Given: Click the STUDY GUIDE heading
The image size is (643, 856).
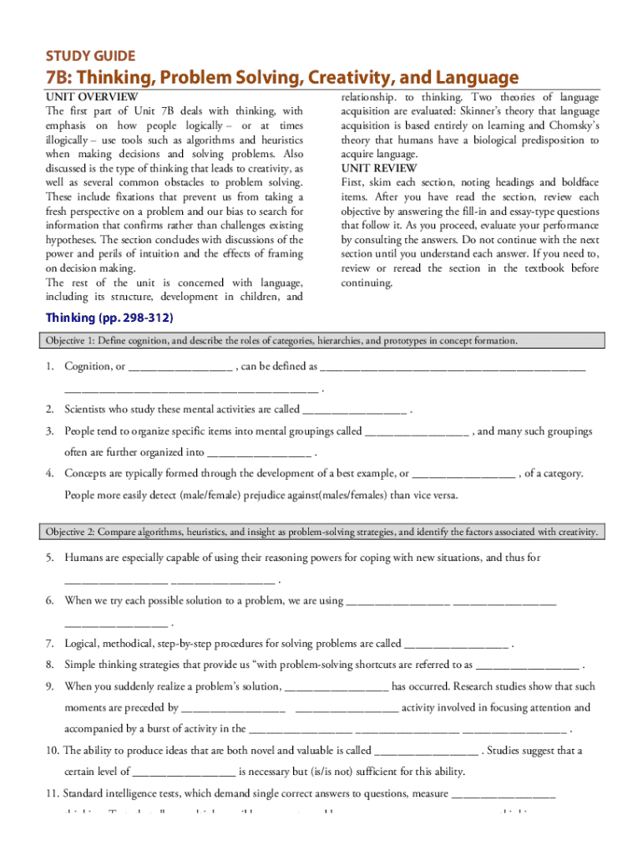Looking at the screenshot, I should pyautogui.click(x=89, y=56).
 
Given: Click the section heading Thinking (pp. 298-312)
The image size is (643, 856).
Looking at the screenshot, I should pyautogui.click(x=109, y=318).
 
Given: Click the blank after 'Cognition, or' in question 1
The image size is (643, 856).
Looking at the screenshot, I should pyautogui.click(x=181, y=367).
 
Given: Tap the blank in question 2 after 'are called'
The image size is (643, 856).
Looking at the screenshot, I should pyautogui.click(x=355, y=410).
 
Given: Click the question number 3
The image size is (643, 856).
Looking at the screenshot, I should pyautogui.click(x=50, y=431).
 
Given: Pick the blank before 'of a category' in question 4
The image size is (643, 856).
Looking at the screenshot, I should pyautogui.click(x=463, y=474).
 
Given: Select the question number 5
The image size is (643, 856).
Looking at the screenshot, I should pyautogui.click(x=50, y=558).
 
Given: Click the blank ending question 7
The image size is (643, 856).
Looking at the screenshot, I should pyautogui.click(x=456, y=645).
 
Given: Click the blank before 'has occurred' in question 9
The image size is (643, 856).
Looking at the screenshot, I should pyautogui.click(x=337, y=687).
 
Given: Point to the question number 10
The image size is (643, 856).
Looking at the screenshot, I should pyautogui.click(x=52, y=751).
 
